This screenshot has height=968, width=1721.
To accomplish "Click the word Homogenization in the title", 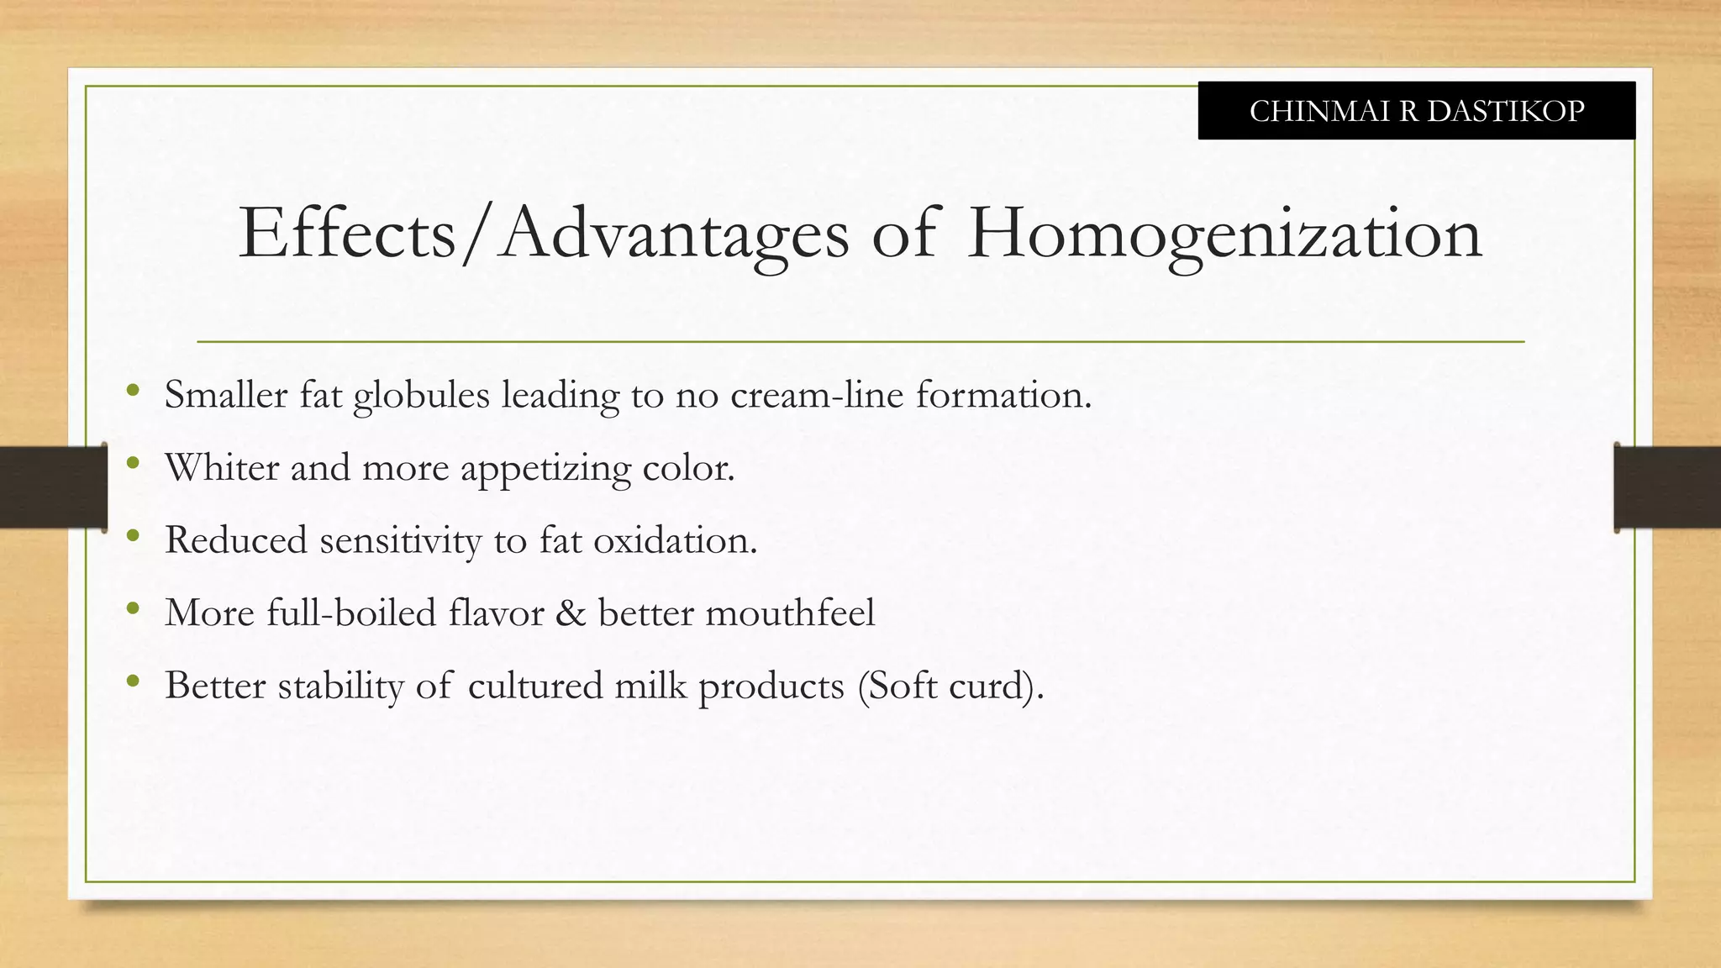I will click(1224, 234).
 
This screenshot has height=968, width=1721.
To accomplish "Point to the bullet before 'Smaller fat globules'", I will click(132, 391).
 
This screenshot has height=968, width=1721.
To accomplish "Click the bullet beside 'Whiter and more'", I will click(132, 463).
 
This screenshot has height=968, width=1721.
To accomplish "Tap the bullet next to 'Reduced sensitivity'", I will click(132, 536).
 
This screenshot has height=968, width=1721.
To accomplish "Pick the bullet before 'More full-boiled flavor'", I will click(132, 608).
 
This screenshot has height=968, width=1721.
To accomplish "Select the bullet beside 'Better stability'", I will click(132, 681).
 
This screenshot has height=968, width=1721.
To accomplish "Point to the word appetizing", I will click(545, 469).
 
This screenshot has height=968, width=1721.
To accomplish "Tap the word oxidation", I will click(675, 540).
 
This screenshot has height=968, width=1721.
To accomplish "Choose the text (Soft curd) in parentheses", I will click(950, 686).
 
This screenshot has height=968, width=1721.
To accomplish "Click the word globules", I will click(421, 396).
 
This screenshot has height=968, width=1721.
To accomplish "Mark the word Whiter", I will click(222, 467).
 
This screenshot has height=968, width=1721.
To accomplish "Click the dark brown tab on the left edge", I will click(53, 487).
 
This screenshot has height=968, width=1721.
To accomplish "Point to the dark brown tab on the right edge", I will click(1667, 487).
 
